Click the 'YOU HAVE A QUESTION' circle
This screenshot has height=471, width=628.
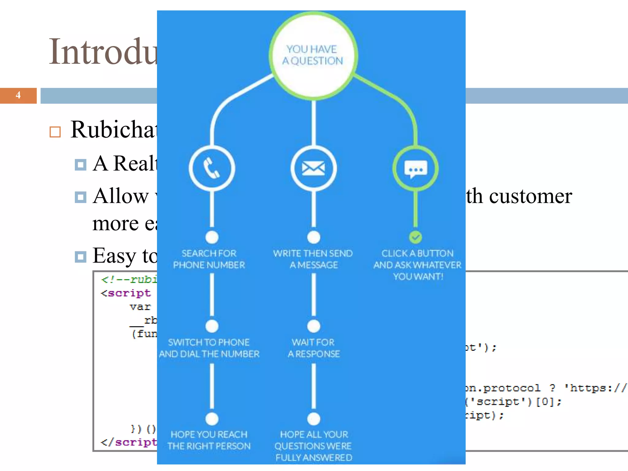point(313,56)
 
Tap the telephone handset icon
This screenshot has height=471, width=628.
point(212,168)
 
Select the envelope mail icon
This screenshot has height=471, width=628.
point(313,168)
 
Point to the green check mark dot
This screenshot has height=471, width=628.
point(415,237)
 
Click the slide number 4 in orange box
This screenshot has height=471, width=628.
point(18,95)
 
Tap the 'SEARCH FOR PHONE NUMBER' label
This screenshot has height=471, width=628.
point(209,259)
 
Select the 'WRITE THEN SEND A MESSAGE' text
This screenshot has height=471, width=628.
point(313,259)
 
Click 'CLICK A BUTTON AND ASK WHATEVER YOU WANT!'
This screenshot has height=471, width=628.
point(417,265)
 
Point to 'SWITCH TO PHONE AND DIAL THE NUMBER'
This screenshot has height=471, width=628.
point(209,348)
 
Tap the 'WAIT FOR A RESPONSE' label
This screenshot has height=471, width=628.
point(313,348)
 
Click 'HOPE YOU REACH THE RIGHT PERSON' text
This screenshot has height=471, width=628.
point(209,440)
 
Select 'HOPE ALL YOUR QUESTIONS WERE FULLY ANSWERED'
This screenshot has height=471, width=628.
point(313,446)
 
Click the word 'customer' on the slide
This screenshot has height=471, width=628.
point(530,196)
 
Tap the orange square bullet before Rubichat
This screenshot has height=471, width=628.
point(55,132)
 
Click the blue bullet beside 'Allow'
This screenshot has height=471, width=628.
point(81,197)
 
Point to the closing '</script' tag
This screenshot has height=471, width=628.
point(129,442)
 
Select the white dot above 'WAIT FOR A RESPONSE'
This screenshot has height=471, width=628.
point(313,326)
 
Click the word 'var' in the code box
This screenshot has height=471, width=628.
point(140,307)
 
